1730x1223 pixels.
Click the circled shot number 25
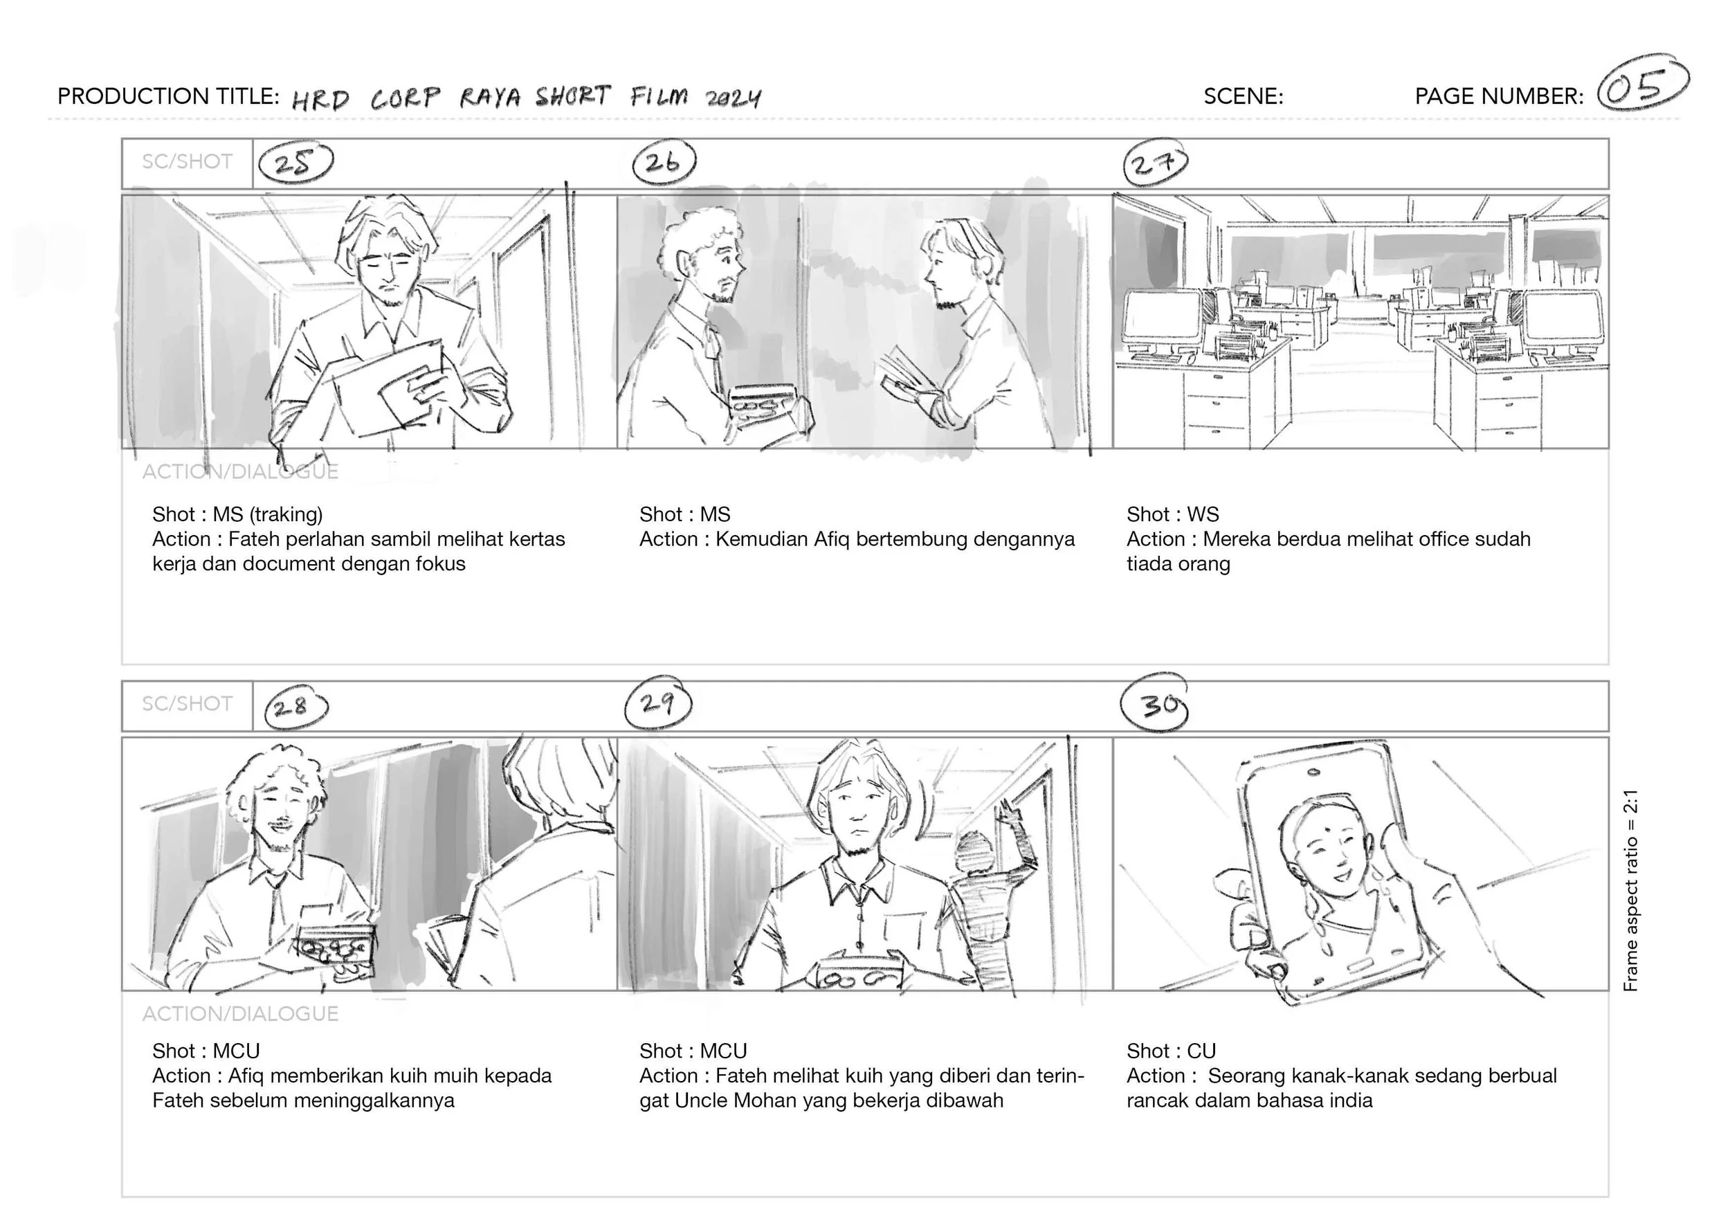tap(295, 163)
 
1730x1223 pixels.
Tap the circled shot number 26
tap(664, 162)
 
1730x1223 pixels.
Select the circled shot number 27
tap(1155, 163)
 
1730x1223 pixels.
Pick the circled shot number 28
tap(296, 706)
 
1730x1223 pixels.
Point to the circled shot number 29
tap(658, 705)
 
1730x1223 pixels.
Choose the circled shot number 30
tap(1155, 705)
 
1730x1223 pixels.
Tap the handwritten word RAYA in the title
tap(490, 97)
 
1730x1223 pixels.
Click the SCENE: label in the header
tap(1244, 96)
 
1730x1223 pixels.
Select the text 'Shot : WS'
tap(1172, 514)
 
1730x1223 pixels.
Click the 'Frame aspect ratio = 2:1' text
tap(1630, 890)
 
